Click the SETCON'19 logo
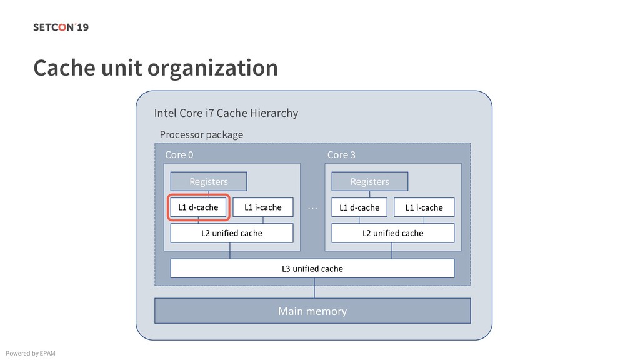tap(61, 27)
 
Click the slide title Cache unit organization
tap(156, 67)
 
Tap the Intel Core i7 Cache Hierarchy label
tap(226, 113)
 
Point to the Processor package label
tap(201, 134)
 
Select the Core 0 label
tap(179, 154)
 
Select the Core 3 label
tap(341, 154)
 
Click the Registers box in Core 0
tap(209, 181)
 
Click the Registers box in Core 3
tap(369, 181)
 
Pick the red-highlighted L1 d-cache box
tap(198, 207)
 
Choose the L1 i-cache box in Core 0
tap(262, 207)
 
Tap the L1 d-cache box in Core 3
tap(359, 207)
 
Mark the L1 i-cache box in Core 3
tap(424, 207)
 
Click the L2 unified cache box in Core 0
tap(232, 233)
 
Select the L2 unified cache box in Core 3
tap(392, 233)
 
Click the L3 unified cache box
tap(312, 269)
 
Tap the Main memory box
tap(312, 311)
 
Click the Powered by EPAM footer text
tap(29, 354)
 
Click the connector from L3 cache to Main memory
tap(314, 288)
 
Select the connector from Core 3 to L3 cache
tap(392, 251)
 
